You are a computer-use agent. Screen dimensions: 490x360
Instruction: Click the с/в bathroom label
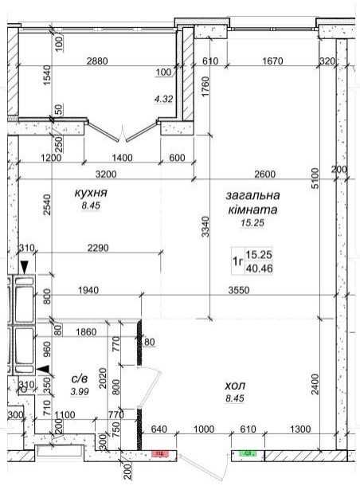[79, 378]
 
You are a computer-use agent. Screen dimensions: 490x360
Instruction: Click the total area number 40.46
[257, 269]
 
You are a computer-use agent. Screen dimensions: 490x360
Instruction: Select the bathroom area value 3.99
[79, 391]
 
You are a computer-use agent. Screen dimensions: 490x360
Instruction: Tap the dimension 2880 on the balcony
[97, 61]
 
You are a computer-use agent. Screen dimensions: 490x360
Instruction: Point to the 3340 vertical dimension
[205, 231]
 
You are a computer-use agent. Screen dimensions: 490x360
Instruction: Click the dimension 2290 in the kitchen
[98, 249]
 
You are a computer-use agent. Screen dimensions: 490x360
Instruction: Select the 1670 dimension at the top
[272, 61]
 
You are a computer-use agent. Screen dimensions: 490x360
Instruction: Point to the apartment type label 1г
[237, 261]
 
